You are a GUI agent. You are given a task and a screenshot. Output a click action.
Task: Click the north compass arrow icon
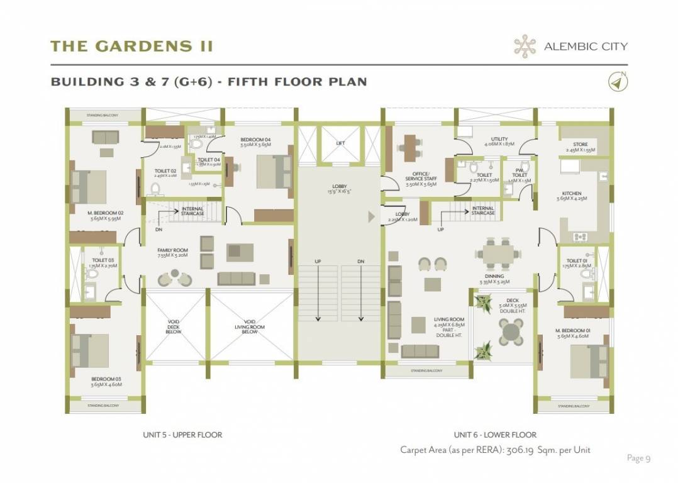click(x=618, y=82)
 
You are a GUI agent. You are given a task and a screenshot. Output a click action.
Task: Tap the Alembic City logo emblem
click(x=524, y=46)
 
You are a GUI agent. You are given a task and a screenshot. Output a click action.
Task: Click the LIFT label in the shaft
click(x=340, y=143)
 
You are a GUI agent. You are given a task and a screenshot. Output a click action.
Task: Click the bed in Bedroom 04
click(x=272, y=171)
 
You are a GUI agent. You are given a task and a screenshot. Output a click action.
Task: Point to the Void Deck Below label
click(x=174, y=327)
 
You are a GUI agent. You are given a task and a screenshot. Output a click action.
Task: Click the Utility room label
click(x=499, y=142)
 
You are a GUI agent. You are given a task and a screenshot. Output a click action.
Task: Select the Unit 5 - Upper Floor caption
click(x=182, y=435)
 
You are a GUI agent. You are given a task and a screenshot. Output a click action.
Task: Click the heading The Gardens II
click(x=131, y=46)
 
